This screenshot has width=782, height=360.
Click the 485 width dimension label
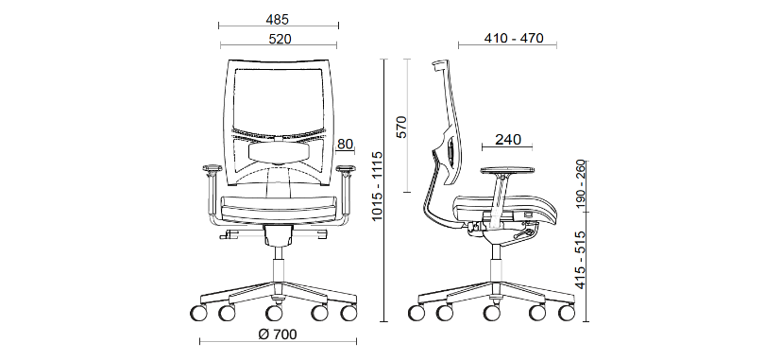[278, 20]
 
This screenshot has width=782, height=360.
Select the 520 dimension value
[280, 39]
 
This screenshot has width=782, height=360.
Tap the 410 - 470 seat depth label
[514, 38]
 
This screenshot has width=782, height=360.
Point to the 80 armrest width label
[345, 145]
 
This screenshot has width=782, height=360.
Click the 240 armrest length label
[508, 140]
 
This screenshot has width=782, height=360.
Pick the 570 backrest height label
[401, 127]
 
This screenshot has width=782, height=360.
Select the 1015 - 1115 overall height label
[377, 185]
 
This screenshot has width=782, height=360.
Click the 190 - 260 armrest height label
[581, 184]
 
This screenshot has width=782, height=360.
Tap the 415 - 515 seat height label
[581, 260]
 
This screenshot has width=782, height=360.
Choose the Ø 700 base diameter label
[278, 334]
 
